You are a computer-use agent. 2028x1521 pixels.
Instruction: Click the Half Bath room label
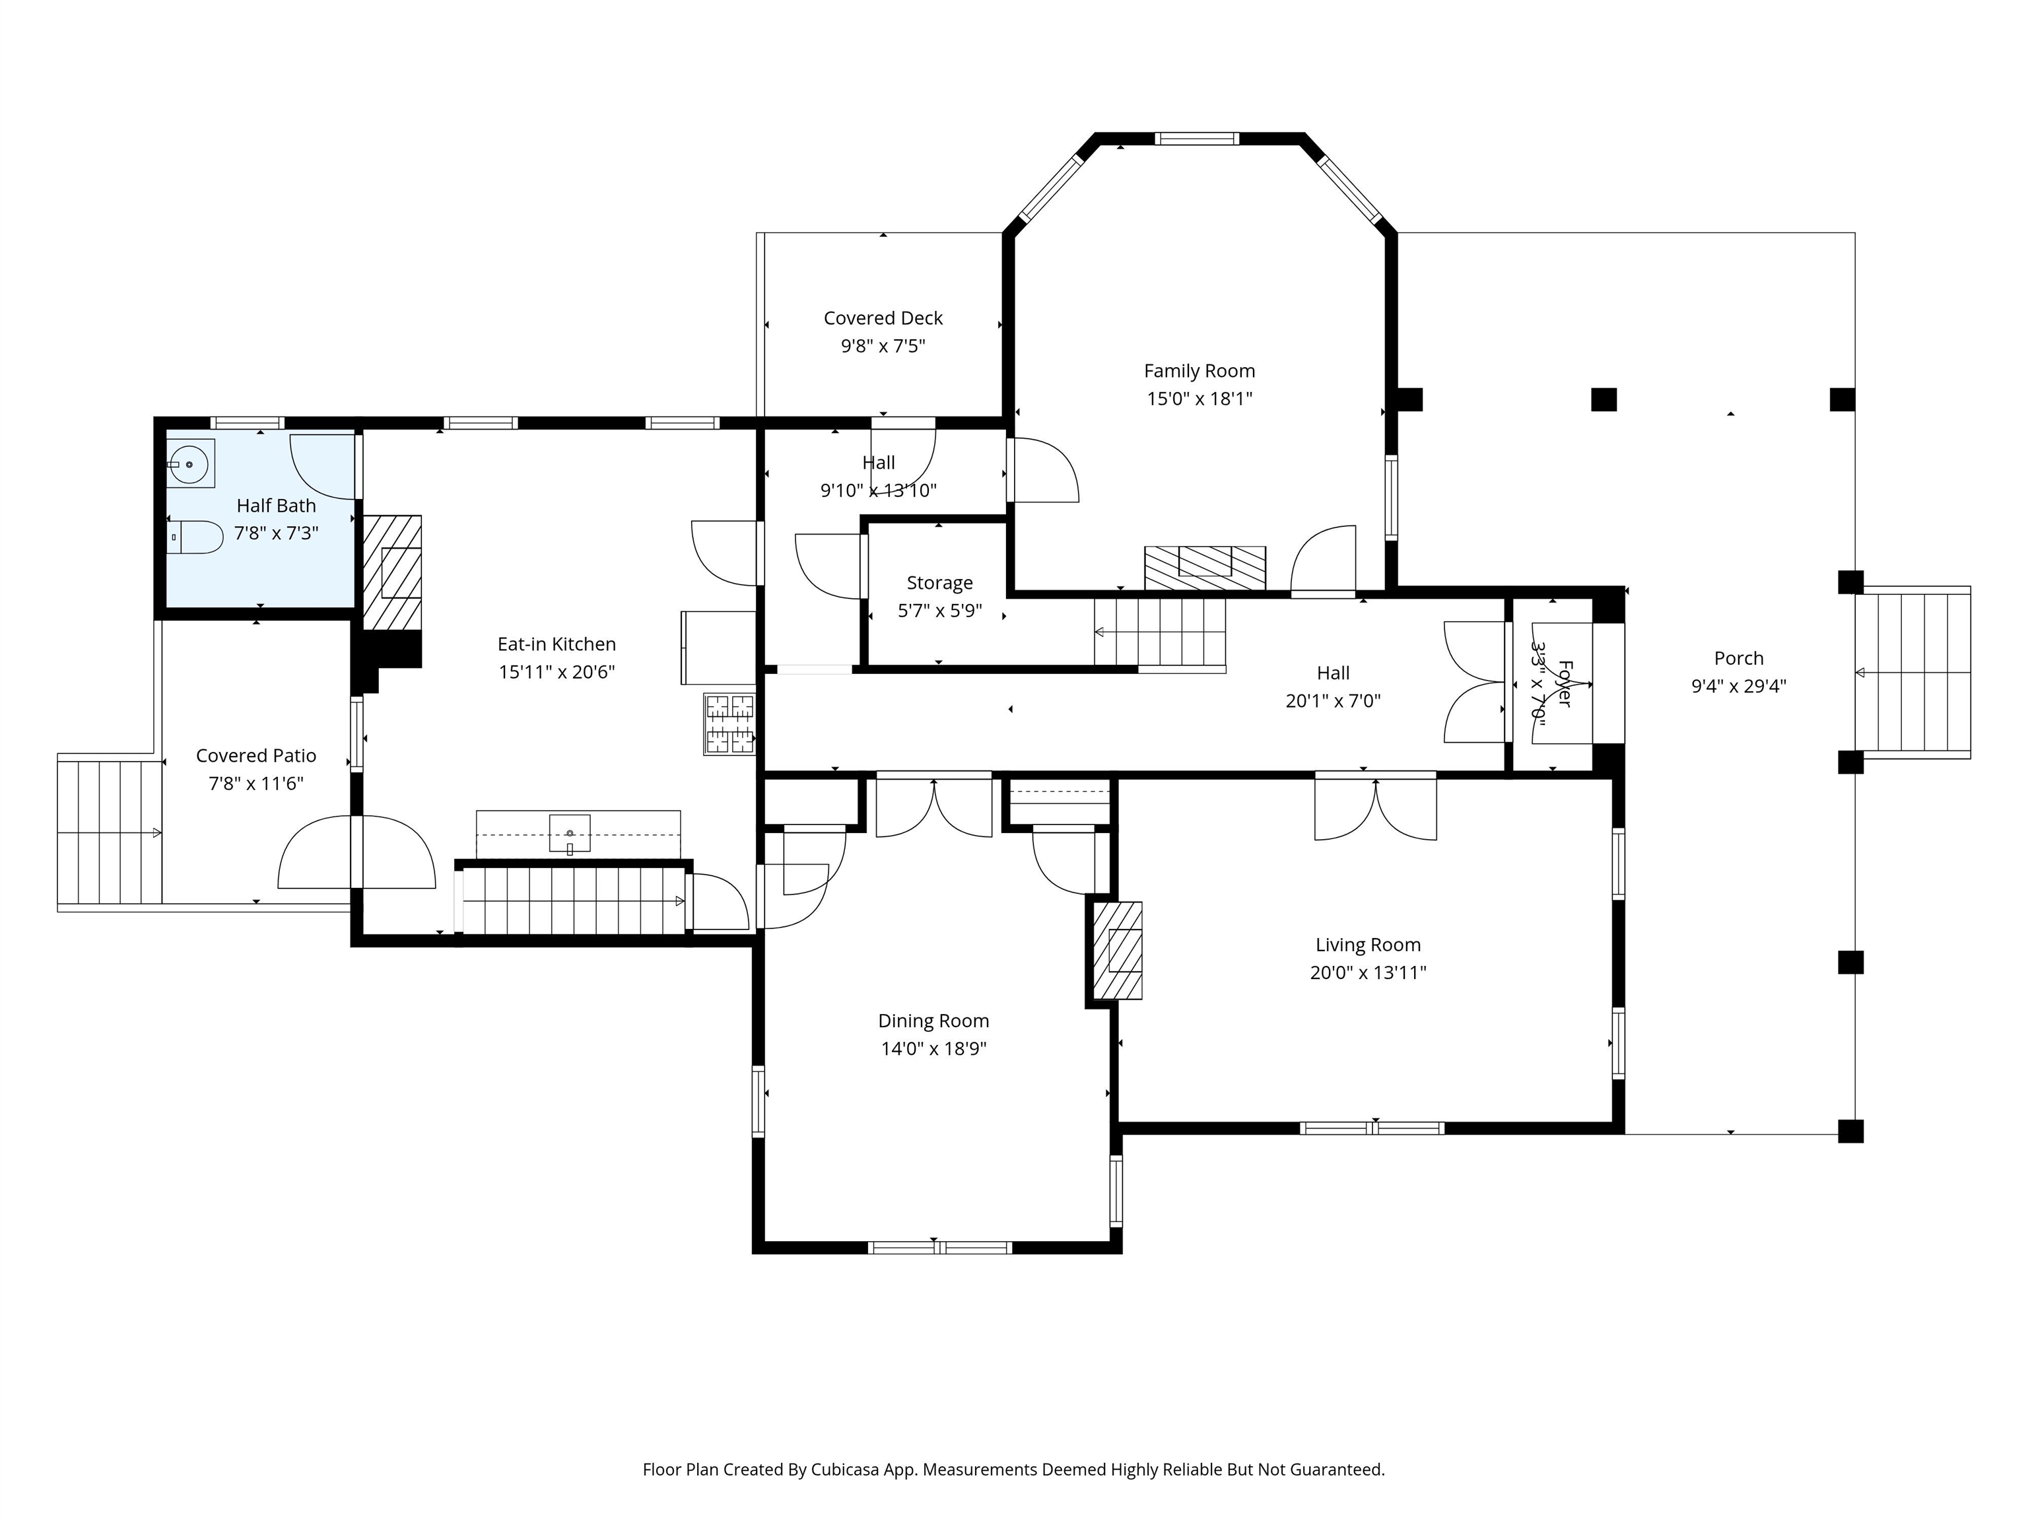[x=276, y=505]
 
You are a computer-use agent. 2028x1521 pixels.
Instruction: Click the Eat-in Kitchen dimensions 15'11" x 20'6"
[x=557, y=672]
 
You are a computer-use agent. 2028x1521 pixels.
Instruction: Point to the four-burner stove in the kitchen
[x=729, y=724]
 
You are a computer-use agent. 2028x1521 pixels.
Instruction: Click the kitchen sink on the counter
[x=569, y=833]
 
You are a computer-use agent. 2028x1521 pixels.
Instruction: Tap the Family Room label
[x=1200, y=370]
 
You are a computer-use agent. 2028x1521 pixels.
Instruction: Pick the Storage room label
[x=940, y=582]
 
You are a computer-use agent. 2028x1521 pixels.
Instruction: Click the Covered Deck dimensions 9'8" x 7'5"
[x=883, y=346]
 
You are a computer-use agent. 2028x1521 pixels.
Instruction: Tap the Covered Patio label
[x=255, y=755]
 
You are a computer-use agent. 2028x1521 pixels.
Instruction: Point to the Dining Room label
[x=933, y=1021]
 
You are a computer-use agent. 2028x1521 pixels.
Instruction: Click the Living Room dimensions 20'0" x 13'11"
[x=1368, y=972]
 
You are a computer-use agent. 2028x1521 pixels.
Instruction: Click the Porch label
[x=1738, y=658]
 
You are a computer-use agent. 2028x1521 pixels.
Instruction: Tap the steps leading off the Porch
[x=1912, y=673]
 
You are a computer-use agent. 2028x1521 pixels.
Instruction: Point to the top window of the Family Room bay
[x=1196, y=139]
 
